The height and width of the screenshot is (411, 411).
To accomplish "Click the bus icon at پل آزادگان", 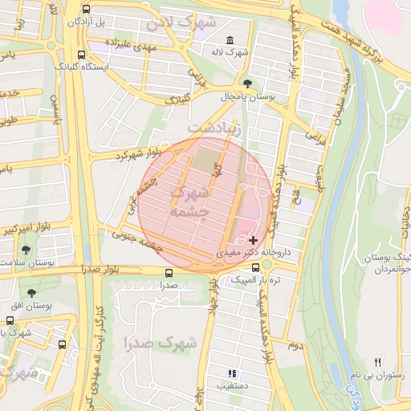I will (86, 10).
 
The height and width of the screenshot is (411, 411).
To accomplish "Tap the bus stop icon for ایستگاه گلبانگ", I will (80, 55).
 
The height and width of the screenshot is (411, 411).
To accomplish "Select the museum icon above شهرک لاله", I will (230, 40).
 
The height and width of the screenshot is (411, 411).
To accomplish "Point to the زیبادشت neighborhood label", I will (214, 128).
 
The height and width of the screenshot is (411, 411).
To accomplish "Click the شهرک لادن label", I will (182, 22).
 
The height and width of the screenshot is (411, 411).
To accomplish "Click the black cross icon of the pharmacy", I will (253, 239).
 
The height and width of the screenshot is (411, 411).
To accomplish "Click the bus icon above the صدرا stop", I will (168, 272).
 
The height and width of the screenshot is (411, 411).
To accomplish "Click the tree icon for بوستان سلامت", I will (26, 250).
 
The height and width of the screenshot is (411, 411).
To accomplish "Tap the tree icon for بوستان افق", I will (31, 293).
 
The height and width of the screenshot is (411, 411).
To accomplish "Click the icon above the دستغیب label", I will (232, 373).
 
